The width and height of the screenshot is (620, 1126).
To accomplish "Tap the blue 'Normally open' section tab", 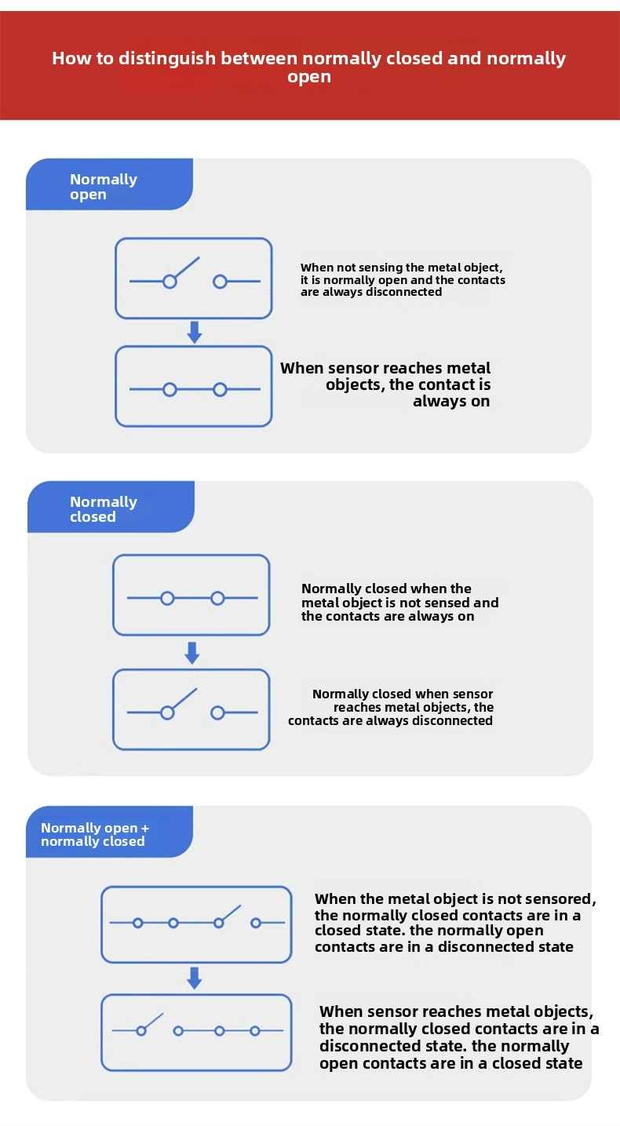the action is [x=109, y=184].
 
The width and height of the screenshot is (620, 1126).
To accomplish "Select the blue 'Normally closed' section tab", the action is [x=111, y=507].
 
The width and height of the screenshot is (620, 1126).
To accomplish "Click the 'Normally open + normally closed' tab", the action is [x=109, y=832].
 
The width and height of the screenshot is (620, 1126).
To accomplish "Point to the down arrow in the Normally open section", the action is [x=195, y=332].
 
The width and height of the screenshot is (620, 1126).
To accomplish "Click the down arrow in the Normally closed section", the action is [x=192, y=653].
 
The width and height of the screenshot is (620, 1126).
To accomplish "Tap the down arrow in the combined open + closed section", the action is [x=195, y=978].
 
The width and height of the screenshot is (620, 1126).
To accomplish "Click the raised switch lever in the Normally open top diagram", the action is [x=187, y=267].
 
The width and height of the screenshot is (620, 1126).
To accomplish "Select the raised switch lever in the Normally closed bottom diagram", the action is [x=184, y=698].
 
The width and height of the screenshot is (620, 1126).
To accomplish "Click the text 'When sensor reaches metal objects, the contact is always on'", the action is [x=385, y=384].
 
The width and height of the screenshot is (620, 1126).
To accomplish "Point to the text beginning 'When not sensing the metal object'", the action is [x=403, y=280].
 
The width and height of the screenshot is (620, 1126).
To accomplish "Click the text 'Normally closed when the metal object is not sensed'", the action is [x=399, y=602].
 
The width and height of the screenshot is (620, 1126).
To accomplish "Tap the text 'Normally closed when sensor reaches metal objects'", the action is [x=391, y=707].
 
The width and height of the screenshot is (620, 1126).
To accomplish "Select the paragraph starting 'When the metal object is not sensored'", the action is [x=455, y=923].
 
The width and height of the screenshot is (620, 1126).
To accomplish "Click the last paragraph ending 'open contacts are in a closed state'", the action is [x=459, y=1037].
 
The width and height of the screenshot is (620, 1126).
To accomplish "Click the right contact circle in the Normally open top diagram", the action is [x=220, y=282].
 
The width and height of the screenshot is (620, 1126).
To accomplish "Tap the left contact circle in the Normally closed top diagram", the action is [x=167, y=598].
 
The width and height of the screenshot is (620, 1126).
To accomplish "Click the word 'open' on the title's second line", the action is [x=309, y=78].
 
